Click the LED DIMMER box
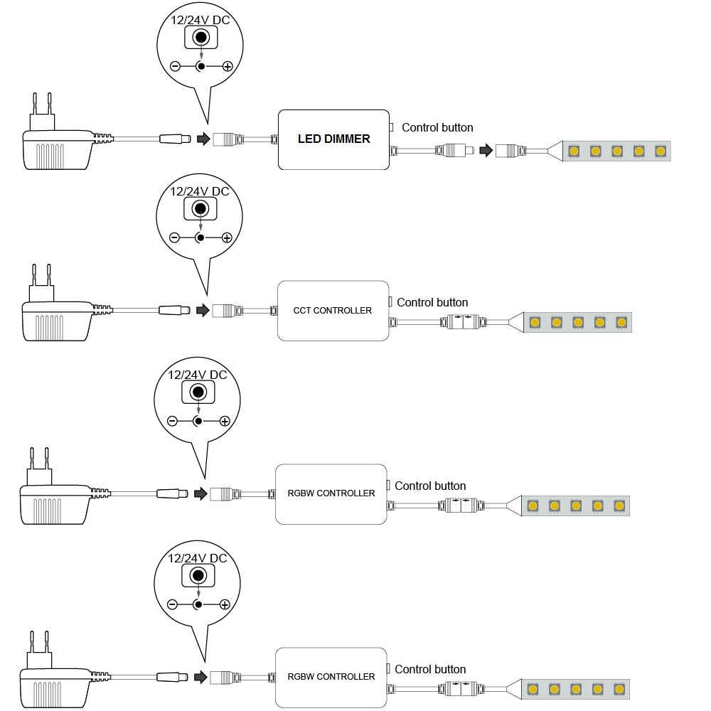coord(333,139)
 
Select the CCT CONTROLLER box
coord(333,311)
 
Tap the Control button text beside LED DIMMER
coord(437,128)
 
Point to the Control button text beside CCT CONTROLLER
coord(432,303)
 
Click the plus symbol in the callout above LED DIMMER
coord(228,67)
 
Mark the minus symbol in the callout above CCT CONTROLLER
coord(174,237)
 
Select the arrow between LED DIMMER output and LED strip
coord(486,151)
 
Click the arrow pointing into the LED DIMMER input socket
coord(203,139)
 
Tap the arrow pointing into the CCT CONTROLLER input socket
coord(203,310)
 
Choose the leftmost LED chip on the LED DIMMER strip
coord(574,151)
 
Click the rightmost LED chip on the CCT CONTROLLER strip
coord(621,322)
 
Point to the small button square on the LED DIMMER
coord(391,128)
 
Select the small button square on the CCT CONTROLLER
coord(390,302)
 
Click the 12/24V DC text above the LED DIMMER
coord(200,20)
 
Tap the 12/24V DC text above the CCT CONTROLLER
coord(199,191)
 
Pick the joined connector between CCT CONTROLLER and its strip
coord(463,322)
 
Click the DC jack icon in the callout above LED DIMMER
coord(201,38)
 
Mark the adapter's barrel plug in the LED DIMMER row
coord(175,139)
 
